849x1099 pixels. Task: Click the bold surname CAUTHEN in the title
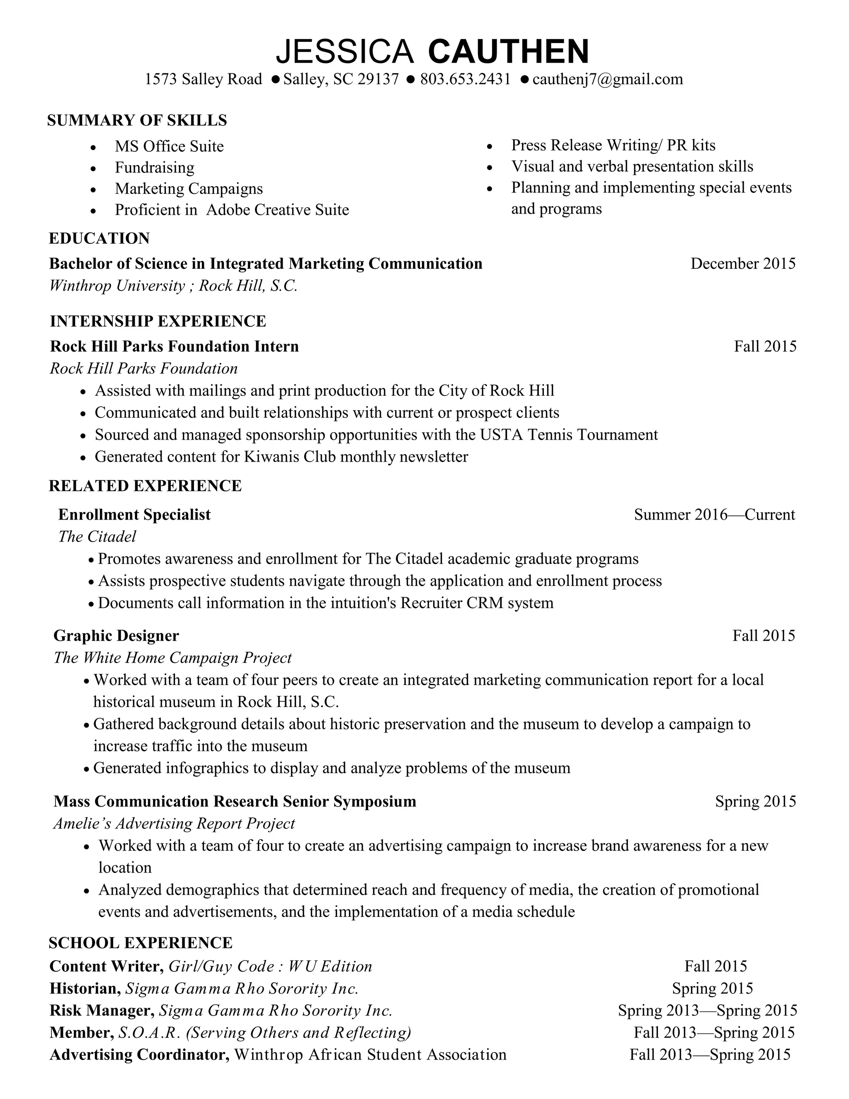pyautogui.click(x=508, y=51)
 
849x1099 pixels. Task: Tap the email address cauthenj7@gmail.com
pyautogui.click(x=608, y=80)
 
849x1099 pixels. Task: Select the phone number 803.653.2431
pyautogui.click(x=465, y=80)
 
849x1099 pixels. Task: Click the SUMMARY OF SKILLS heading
pyautogui.click(x=137, y=121)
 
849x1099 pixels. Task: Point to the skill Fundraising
pyautogui.click(x=154, y=168)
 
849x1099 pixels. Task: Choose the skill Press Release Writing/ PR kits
pyautogui.click(x=613, y=146)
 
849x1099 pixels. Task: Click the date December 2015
pyautogui.click(x=743, y=264)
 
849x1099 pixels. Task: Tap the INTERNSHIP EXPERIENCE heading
pyautogui.click(x=158, y=321)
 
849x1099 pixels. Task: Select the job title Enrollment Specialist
pyautogui.click(x=134, y=515)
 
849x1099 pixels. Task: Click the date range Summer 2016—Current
pyautogui.click(x=714, y=515)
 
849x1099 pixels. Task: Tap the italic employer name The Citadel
pyautogui.click(x=97, y=537)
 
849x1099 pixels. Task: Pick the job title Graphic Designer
pyautogui.click(x=116, y=636)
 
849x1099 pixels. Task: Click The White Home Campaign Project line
pyautogui.click(x=172, y=658)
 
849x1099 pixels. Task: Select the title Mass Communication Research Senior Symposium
pyautogui.click(x=235, y=802)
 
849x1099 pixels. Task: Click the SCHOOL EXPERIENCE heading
pyautogui.click(x=141, y=943)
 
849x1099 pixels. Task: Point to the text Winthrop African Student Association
pyautogui.click(x=370, y=1055)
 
